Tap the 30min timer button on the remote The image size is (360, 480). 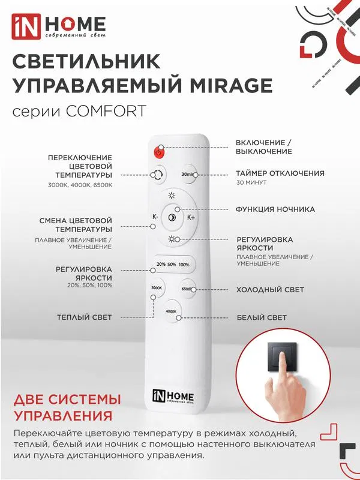point(188,175)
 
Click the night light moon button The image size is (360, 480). point(172,217)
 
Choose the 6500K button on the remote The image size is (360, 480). point(187,289)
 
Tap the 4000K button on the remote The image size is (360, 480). point(172,311)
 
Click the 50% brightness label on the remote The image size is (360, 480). point(172,264)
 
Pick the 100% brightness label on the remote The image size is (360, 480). point(184,264)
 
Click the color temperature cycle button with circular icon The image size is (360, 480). point(158,175)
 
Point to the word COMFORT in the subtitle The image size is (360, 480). point(106,111)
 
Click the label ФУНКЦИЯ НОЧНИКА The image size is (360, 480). point(275,209)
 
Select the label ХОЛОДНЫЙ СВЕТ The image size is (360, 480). point(270,290)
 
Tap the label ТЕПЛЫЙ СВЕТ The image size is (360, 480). point(85,317)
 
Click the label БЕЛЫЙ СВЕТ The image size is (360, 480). point(262,317)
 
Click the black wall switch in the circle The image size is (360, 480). point(282,357)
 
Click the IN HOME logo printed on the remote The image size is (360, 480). point(173,397)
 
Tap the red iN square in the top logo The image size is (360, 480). point(26,26)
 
